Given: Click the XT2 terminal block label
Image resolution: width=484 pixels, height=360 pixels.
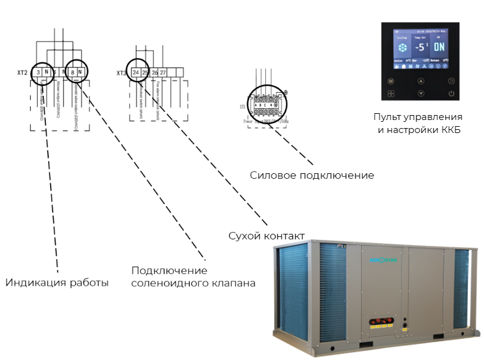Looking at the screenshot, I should (23, 72).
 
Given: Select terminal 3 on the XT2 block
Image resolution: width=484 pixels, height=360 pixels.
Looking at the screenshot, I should (38, 72).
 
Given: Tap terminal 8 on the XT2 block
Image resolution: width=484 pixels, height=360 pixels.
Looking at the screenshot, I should (73, 72).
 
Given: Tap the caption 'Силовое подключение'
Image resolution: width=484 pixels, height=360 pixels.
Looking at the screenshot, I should (312, 175).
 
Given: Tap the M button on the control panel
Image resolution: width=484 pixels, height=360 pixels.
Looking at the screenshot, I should (391, 81).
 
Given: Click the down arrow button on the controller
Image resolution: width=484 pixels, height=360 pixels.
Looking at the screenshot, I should (421, 93).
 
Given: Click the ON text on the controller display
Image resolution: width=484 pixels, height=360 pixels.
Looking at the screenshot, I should (438, 47).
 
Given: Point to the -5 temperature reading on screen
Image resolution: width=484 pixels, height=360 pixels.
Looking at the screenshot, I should (420, 48).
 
